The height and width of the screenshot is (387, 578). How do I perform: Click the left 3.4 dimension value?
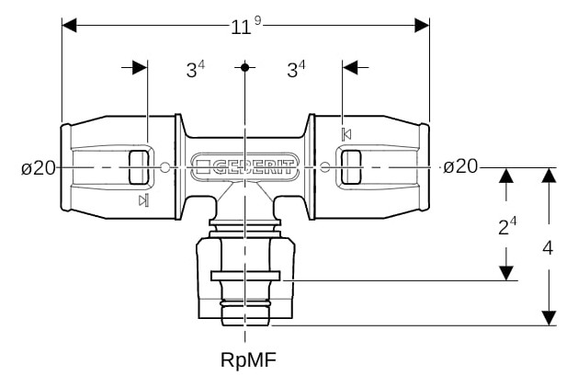point(195,69)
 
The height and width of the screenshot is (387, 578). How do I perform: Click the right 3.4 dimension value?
point(296,69)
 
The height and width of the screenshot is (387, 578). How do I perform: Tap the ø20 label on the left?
point(39,167)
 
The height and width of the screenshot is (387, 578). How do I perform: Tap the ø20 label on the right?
point(459,166)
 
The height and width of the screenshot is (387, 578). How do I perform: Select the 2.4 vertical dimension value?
point(506,227)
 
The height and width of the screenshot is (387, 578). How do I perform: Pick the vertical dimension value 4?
point(549,247)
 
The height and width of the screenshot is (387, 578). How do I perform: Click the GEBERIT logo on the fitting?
point(245,167)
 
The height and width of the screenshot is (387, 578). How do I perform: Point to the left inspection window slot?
point(139,167)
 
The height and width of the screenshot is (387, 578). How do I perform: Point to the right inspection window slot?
point(351,167)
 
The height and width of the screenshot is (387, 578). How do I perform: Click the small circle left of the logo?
point(164,167)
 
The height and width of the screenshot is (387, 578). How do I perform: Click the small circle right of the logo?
point(325,167)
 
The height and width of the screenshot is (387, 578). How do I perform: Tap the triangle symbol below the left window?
point(142,201)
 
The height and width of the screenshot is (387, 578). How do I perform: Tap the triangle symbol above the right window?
point(346,134)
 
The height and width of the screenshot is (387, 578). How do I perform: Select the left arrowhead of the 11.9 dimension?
point(69,26)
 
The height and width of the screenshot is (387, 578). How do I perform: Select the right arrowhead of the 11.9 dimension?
point(423,26)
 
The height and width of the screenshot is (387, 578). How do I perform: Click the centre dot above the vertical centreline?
point(245,67)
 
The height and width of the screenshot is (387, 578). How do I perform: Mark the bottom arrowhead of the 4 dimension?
point(549,317)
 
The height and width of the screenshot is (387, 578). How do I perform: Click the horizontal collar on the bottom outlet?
point(245,275)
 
